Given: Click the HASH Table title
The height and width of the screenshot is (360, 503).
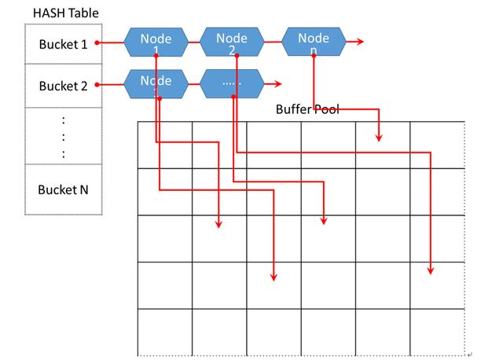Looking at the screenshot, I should tap(66, 13).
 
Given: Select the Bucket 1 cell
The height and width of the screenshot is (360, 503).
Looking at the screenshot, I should tap(63, 44).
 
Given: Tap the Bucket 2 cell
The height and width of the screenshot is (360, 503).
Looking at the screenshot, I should tap(63, 86).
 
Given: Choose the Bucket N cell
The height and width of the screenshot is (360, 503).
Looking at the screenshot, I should tap(63, 189).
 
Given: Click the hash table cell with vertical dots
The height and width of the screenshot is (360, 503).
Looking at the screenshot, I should tap(63, 136).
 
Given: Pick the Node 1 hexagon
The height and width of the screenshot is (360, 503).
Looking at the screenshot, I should tap(156, 42).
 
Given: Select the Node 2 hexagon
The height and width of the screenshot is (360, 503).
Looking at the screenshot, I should tap(232, 42).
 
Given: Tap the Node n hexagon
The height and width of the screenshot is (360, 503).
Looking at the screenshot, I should tap(314, 42).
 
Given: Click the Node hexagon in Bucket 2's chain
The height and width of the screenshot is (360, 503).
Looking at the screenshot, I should tap(156, 84).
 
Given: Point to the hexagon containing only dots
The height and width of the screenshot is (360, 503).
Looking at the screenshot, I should tap(232, 84).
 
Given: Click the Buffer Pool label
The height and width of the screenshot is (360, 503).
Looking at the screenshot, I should tap(307, 109).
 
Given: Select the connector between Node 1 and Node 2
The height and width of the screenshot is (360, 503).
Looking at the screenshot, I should tap(193, 42).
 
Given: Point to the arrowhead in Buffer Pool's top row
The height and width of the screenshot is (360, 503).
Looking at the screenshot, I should tap(379, 138).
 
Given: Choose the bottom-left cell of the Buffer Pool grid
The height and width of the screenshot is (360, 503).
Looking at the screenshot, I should tap(164, 332).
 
